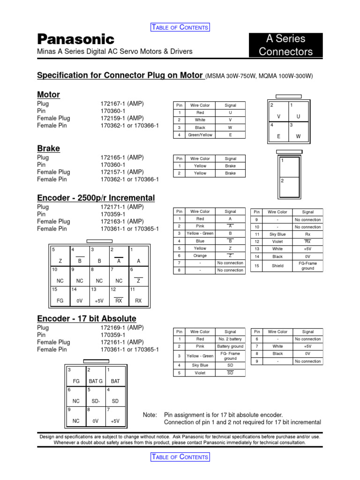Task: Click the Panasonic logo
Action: click(x=75, y=39)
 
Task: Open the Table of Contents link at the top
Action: click(x=180, y=27)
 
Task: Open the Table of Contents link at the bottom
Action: click(x=180, y=457)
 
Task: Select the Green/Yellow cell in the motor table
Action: click(x=200, y=135)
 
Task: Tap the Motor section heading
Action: click(x=48, y=95)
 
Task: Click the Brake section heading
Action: click(x=48, y=149)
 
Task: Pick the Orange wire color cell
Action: click(x=200, y=255)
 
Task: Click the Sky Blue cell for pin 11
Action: click(x=277, y=234)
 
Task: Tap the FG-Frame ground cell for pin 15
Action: click(x=308, y=266)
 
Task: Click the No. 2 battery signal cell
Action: click(x=230, y=339)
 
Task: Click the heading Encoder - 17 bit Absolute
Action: click(x=87, y=319)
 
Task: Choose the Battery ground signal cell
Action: click(x=230, y=346)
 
